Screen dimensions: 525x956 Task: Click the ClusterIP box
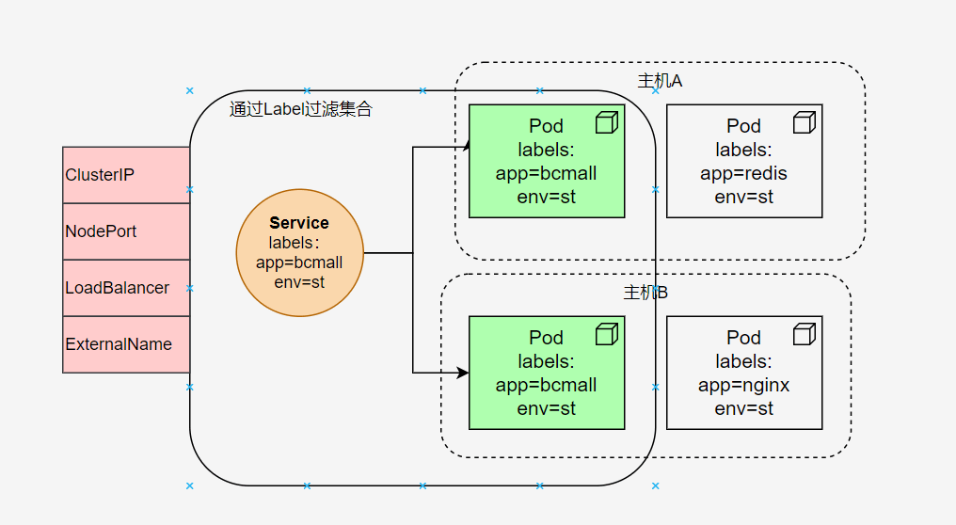126,175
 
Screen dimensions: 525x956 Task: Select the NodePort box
126,231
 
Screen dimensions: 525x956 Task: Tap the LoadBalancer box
126,288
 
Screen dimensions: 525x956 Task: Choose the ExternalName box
126,344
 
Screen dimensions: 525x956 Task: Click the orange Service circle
299,253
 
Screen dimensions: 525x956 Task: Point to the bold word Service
299,223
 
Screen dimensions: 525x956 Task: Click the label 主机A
660,81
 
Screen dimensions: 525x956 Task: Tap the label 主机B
645,293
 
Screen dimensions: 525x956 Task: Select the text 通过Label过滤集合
301,109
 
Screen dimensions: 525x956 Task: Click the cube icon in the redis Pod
804,122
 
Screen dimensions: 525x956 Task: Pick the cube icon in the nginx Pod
804,334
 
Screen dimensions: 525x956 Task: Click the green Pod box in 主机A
546,161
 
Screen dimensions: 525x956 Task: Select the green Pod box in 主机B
546,373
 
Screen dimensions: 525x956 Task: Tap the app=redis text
743,174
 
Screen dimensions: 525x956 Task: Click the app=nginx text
743,386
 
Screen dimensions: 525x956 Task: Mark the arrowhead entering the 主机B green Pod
463,373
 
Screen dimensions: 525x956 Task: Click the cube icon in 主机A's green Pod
606,122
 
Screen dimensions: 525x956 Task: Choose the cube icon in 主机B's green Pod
606,334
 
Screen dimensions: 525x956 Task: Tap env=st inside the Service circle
299,281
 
